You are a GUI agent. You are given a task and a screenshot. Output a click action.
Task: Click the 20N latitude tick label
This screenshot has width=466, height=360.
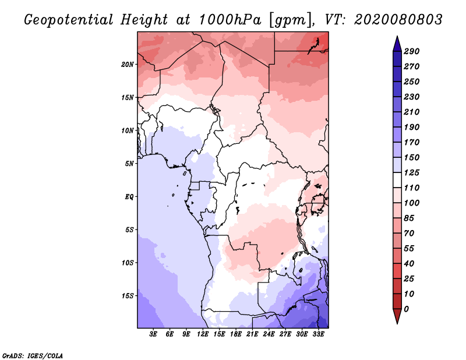[x=127, y=64]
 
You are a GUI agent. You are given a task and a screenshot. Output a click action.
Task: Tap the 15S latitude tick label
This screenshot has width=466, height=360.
[x=127, y=295]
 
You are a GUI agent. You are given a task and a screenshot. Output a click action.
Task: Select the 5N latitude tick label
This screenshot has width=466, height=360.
[x=129, y=163]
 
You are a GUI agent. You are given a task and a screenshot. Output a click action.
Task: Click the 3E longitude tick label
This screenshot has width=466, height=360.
[x=154, y=334]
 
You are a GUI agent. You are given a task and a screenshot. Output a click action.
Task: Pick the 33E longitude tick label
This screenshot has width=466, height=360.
[x=318, y=334]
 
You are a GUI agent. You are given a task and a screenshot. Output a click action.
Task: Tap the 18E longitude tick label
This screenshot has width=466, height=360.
[x=236, y=334]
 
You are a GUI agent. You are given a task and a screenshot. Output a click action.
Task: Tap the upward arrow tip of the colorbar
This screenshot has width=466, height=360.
[x=396, y=38]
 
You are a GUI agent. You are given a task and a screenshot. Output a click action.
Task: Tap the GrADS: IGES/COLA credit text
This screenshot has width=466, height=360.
[x=32, y=355]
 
